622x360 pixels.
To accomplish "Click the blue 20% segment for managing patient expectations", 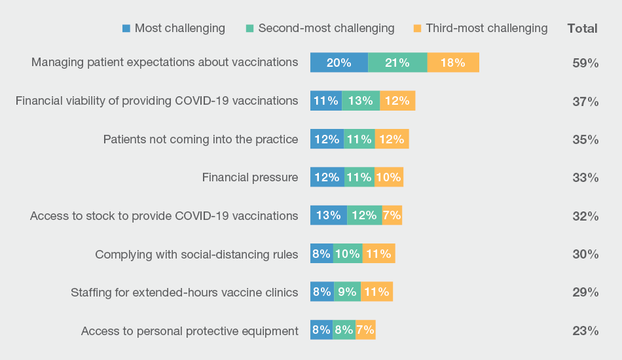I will pyautogui.click(x=338, y=63).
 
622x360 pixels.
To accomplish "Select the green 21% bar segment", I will pyautogui.click(x=397, y=63).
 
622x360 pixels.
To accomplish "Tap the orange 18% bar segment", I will pyautogui.click(x=453, y=63).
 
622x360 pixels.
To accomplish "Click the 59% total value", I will pyautogui.click(x=585, y=63).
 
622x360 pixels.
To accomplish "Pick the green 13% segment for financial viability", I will pyautogui.click(x=361, y=101).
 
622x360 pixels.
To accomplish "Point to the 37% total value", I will pyautogui.click(x=585, y=101).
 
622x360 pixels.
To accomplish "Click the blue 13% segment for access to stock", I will pyautogui.click(x=328, y=215).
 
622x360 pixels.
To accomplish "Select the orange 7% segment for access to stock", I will pyautogui.click(x=392, y=215).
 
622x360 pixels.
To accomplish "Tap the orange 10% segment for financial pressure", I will pyautogui.click(x=388, y=177).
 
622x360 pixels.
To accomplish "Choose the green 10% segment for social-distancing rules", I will pyautogui.click(x=348, y=254).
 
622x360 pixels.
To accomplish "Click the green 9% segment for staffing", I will pyautogui.click(x=347, y=292).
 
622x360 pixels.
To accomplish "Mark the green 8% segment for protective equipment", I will pyautogui.click(x=344, y=330).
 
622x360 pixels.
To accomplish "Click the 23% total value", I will pyautogui.click(x=585, y=331).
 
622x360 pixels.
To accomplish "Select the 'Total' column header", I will pyautogui.click(x=582, y=28).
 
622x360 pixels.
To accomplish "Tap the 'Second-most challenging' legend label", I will pyautogui.click(x=326, y=28).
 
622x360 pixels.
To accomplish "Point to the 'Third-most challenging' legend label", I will pyautogui.click(x=486, y=28).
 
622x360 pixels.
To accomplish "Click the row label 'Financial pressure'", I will pyautogui.click(x=250, y=177).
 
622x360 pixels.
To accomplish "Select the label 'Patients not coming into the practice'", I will pyautogui.click(x=201, y=139).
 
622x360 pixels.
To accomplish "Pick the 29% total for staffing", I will pyautogui.click(x=585, y=292).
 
